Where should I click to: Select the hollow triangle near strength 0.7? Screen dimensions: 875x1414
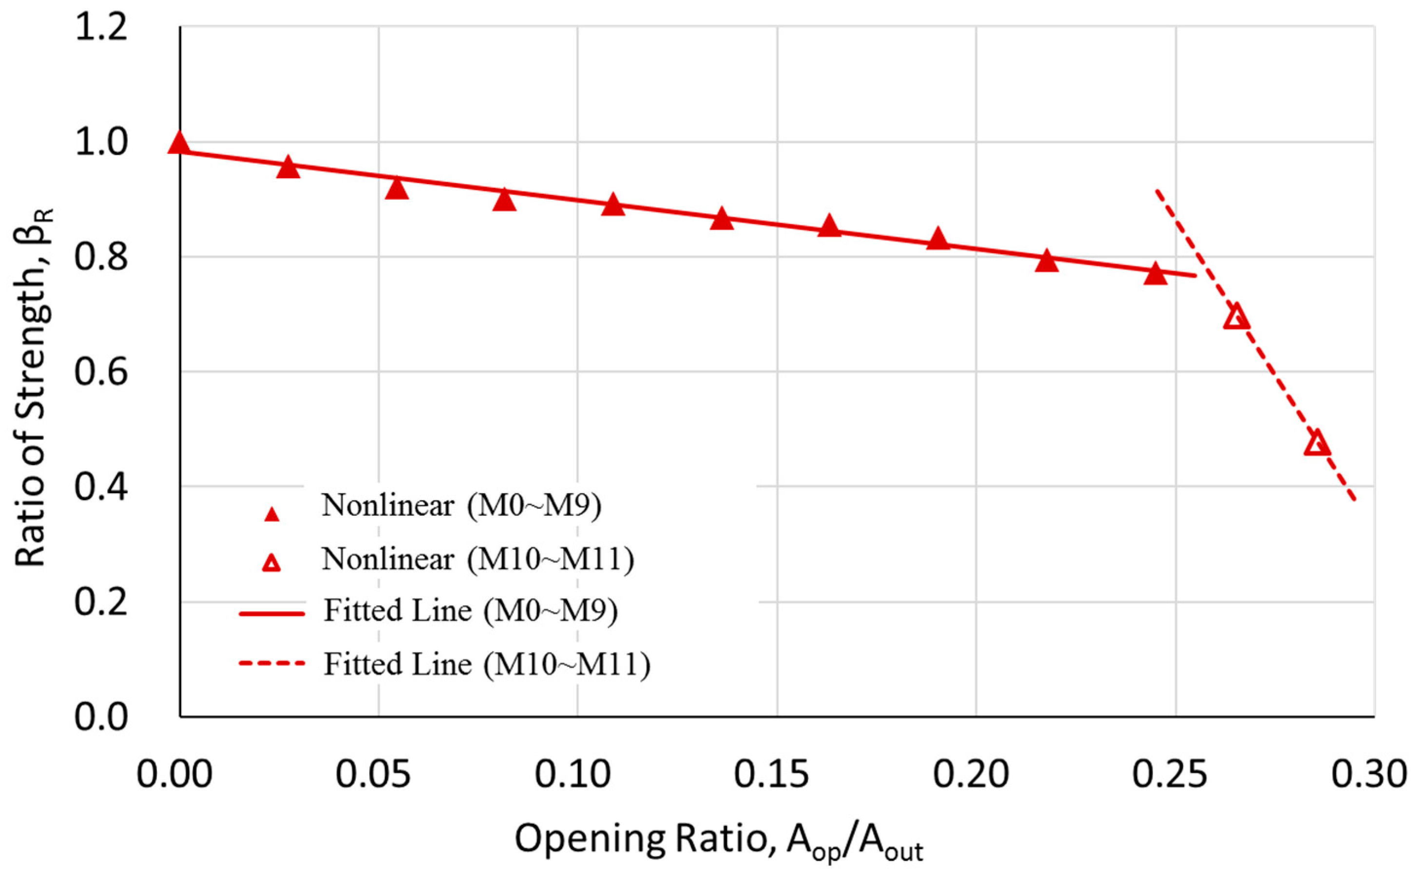pyautogui.click(x=1236, y=317)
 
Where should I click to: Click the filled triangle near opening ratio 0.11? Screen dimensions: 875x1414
pyautogui.click(x=613, y=205)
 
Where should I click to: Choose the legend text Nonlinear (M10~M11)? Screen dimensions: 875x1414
pyautogui.click(x=478, y=559)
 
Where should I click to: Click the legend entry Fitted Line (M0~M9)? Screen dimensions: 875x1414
pyautogui.click(x=470, y=611)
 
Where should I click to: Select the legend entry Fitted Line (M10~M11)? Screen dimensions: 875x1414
pyautogui.click(x=486, y=664)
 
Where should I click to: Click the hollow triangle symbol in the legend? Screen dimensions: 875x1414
pyautogui.click(x=271, y=563)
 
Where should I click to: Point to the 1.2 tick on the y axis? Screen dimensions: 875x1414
pyautogui.click(x=101, y=28)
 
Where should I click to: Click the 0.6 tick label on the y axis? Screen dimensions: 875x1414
pyautogui.click(x=101, y=372)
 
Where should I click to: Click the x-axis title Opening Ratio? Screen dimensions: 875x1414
pyautogui.click(x=718, y=839)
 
